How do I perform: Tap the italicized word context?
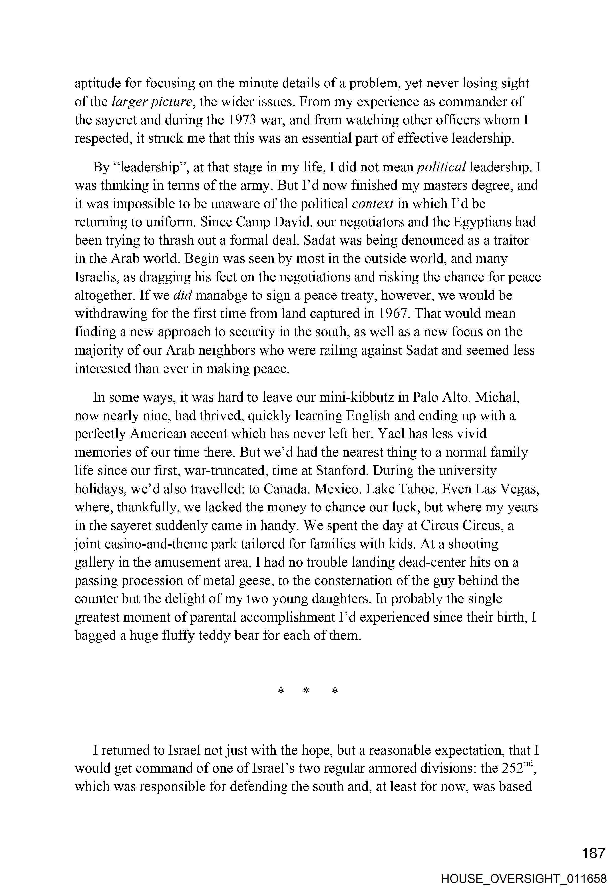pyautogui.click(x=372, y=204)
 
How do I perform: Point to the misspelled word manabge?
pyautogui.click(x=217, y=296)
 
